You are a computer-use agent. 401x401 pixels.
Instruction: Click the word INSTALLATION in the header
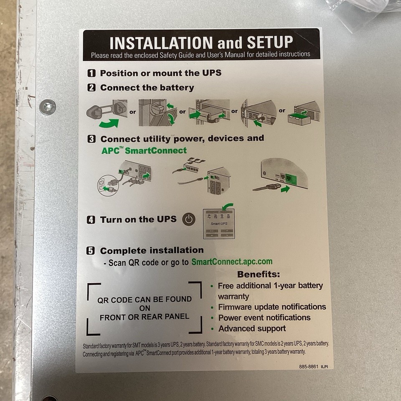point(161,43)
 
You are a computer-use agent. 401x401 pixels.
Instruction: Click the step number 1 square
point(91,73)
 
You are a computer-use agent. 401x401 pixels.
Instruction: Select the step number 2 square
point(91,88)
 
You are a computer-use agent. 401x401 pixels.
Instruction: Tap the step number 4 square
point(91,220)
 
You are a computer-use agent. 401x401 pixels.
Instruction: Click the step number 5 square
point(91,251)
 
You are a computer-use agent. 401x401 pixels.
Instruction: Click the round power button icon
point(189,219)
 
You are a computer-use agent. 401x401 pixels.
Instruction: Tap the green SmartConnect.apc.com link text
point(232,262)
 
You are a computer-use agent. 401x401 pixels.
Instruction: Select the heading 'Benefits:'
point(259,274)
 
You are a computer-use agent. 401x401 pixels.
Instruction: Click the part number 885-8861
point(308,366)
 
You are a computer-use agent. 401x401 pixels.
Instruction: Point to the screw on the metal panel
point(47,107)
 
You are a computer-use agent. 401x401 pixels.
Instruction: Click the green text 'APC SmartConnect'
point(144,150)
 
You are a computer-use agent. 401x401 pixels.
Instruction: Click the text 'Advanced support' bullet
point(252,328)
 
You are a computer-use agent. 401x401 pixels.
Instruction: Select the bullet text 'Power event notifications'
point(264,317)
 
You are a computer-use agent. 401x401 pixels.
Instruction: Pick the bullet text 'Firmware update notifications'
point(272,307)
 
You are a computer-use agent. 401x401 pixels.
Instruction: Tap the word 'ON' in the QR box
point(145,308)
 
